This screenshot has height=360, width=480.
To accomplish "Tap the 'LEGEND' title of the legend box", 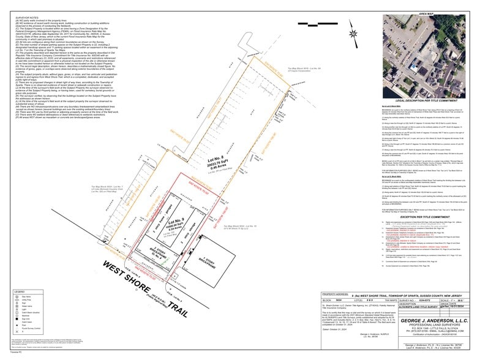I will pos(20,293).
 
